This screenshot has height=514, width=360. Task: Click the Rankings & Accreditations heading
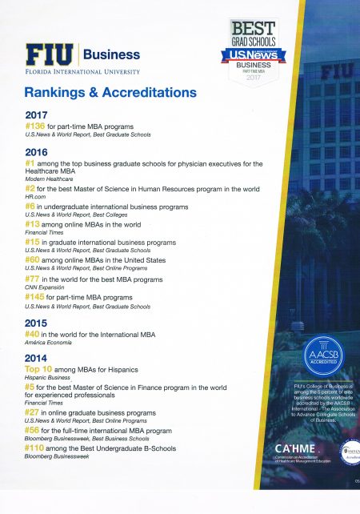click(110, 92)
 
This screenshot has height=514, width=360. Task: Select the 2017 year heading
click(38, 115)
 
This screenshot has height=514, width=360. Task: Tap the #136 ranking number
click(38, 126)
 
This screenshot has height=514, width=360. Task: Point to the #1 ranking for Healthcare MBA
click(32, 164)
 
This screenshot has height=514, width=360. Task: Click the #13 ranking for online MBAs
click(35, 224)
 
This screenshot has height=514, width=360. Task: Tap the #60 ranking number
click(35, 259)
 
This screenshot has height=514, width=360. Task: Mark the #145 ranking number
click(38, 297)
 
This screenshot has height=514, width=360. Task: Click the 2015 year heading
click(38, 322)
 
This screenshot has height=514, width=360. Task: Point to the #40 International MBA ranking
click(35, 333)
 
